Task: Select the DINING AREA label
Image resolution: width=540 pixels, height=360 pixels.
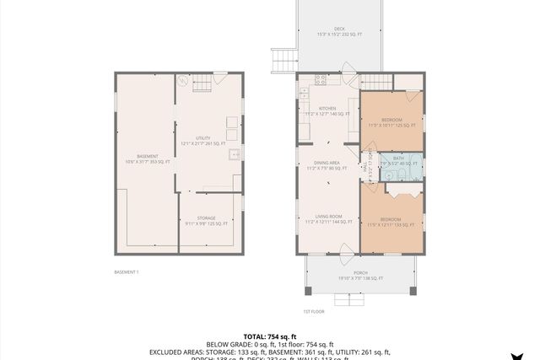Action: tap(327, 164)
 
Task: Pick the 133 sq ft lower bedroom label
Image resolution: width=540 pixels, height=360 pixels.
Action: tap(391, 222)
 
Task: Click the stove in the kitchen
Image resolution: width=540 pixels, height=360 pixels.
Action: tap(321, 81)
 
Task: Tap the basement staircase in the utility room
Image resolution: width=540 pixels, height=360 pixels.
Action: tap(201, 83)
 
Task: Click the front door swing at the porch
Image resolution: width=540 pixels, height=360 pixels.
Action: tap(344, 250)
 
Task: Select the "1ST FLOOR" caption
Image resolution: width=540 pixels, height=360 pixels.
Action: tap(313, 311)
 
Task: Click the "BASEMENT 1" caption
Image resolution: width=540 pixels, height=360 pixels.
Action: tap(127, 271)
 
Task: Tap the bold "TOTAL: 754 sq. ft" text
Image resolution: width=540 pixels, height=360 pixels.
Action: tap(269, 336)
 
